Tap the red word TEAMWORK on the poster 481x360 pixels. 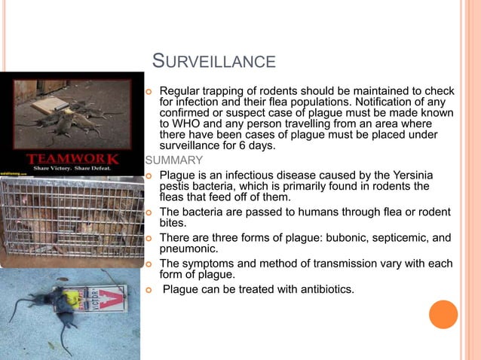click(x=72, y=159)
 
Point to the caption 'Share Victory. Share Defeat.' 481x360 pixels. click(x=72, y=169)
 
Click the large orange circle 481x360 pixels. click(x=443, y=315)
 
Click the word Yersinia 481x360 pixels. click(x=409, y=175)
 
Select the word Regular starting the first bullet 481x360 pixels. click(x=179, y=92)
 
